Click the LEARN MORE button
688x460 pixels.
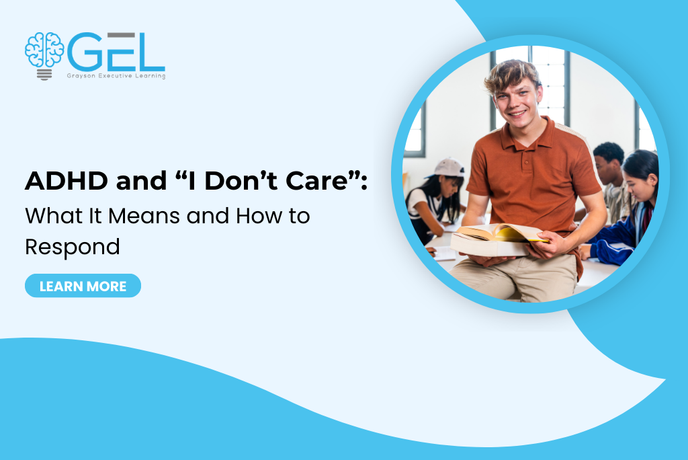coord(83,286)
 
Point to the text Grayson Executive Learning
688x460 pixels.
coord(115,76)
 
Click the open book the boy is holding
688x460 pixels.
coord(498,239)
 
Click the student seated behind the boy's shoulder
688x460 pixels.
coord(608,175)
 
